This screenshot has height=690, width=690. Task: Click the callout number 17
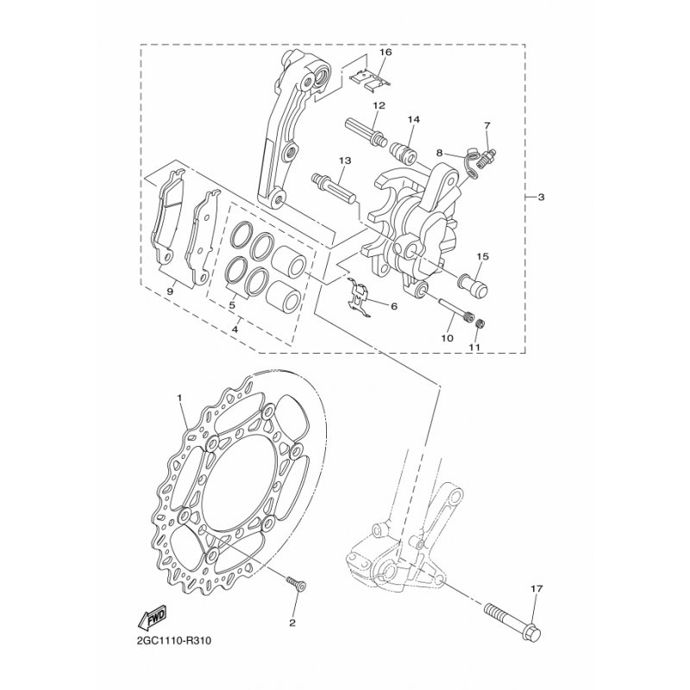536,588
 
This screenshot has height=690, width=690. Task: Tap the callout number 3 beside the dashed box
541,198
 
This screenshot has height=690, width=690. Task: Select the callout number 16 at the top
386,53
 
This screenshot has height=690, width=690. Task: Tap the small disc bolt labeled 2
296,584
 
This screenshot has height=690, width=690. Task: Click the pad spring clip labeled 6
359,297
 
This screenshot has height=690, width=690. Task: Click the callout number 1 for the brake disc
179,398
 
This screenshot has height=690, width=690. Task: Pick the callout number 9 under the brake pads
171,291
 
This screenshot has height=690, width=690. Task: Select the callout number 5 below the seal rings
232,304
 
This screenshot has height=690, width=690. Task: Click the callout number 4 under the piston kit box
235,329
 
